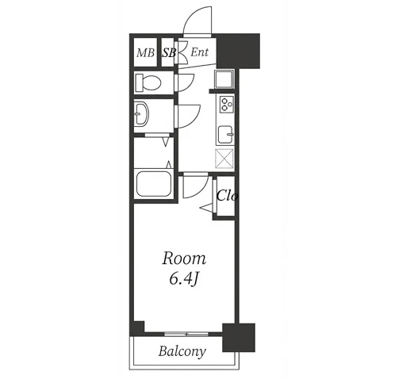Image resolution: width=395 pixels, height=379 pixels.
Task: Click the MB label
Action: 145,53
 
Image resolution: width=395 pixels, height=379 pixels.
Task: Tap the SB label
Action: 169,53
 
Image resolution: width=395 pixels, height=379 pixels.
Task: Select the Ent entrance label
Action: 200,52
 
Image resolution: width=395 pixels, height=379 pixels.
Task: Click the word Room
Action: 184,258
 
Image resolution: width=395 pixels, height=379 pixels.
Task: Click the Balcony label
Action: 182,351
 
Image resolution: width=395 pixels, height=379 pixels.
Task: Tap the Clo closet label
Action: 227,196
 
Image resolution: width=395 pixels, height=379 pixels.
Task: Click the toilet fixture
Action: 148,82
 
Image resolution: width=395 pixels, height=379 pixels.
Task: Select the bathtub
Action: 154,184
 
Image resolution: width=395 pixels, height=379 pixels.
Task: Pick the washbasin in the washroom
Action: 142,113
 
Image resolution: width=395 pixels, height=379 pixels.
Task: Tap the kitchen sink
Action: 225,134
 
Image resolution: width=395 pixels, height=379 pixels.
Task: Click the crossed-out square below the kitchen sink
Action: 224,159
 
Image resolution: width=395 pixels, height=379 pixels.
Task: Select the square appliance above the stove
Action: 224,79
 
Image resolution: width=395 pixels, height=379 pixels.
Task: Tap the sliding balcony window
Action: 186,334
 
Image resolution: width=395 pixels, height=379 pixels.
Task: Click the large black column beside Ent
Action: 238,51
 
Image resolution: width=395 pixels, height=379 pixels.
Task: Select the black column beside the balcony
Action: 239,338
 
